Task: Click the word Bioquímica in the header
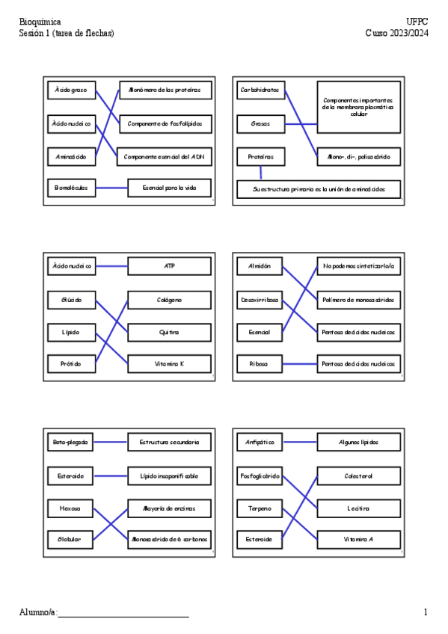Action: (x=40, y=22)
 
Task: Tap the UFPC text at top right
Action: (x=417, y=22)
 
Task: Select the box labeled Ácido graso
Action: (x=70, y=90)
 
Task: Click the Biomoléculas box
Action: (x=70, y=188)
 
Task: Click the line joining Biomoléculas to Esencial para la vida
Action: (x=112, y=188)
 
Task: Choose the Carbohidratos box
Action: (x=260, y=90)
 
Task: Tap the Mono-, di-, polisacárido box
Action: (x=358, y=156)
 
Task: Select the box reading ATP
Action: (x=169, y=265)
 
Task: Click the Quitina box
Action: (x=169, y=331)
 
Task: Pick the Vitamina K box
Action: (x=169, y=364)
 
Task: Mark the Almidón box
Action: (x=260, y=265)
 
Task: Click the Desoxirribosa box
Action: (x=260, y=299)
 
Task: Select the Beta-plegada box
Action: (x=70, y=443)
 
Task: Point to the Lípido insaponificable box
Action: (x=169, y=475)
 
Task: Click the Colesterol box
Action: (x=358, y=475)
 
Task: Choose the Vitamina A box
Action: (x=358, y=538)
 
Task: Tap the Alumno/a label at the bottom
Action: (x=37, y=612)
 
